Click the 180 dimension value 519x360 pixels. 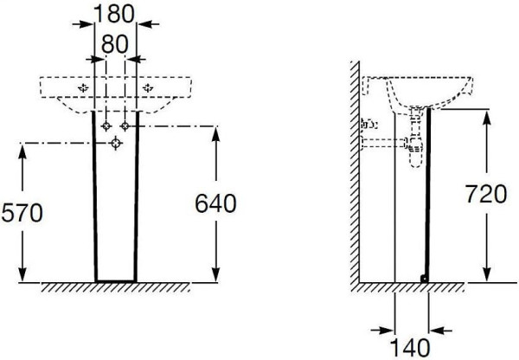tap(114, 14)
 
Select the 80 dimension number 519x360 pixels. tap(114, 44)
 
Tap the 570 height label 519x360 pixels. tap(22, 213)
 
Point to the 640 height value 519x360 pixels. tap(215, 203)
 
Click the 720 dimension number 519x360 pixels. tap(486, 194)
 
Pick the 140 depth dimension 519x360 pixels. tap(410, 348)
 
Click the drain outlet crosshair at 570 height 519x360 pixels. tap(116, 143)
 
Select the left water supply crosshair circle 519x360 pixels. tap(106, 125)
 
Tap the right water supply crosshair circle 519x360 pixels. tap(125, 125)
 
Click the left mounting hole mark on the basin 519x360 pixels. tap(83, 87)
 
